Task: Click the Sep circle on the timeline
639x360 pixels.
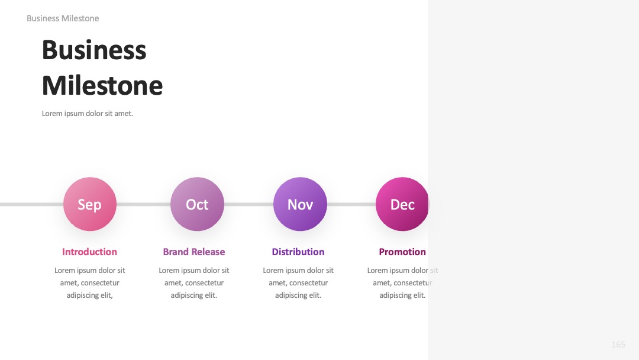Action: click(x=90, y=204)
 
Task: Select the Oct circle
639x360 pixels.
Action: click(x=197, y=204)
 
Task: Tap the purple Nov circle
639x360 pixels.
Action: click(x=300, y=204)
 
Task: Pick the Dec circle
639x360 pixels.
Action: click(x=402, y=204)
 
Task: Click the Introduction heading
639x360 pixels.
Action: click(x=90, y=252)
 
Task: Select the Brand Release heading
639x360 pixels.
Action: click(x=194, y=252)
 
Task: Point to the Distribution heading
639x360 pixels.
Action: click(x=298, y=252)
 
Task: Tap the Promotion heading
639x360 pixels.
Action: click(x=403, y=252)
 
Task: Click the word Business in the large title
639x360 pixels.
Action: click(x=94, y=50)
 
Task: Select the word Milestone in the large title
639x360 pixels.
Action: click(x=102, y=86)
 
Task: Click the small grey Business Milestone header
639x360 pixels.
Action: click(x=63, y=18)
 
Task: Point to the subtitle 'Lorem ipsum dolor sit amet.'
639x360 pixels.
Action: click(x=87, y=113)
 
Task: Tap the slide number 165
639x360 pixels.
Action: click(x=618, y=345)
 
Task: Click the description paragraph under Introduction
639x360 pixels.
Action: click(x=90, y=282)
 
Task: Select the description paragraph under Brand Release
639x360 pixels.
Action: click(x=194, y=282)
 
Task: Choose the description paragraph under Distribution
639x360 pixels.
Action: click(x=298, y=282)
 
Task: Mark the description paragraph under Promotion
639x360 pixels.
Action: click(x=403, y=282)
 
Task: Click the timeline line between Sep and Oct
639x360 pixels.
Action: click(x=143, y=204)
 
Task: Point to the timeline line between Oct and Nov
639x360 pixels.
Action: click(x=248, y=204)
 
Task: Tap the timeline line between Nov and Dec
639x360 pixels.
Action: click(x=351, y=204)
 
